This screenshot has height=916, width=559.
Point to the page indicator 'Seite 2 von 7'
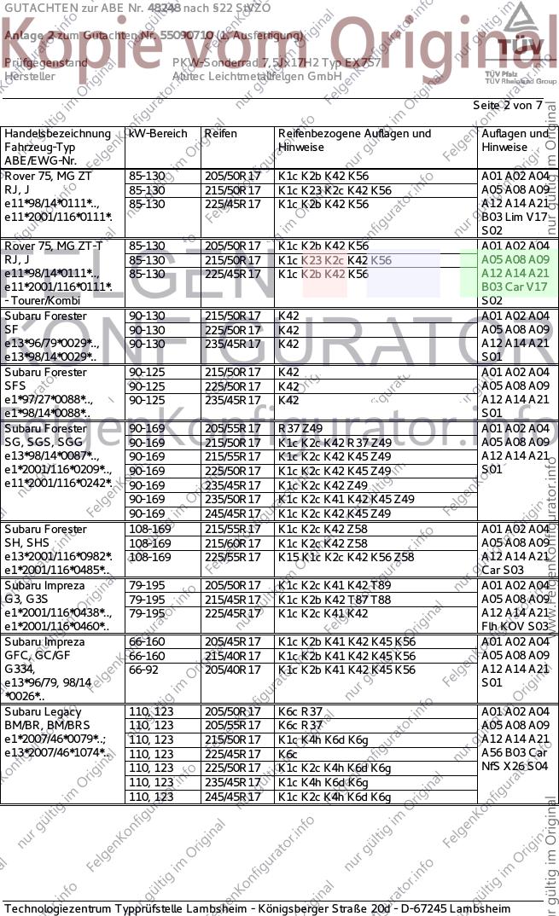tap(507, 105)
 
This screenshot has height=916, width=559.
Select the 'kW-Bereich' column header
tap(158, 134)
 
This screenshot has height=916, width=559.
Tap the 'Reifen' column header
tap(220, 134)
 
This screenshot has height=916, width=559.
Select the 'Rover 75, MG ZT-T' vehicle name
tap(54, 246)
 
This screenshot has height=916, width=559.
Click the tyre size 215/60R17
tap(232, 543)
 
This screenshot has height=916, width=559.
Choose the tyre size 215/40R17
tap(232, 656)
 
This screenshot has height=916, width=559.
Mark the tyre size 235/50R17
tap(232, 499)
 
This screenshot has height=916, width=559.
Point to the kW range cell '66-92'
tap(146, 670)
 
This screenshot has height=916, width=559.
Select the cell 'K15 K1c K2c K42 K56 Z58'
tap(346, 558)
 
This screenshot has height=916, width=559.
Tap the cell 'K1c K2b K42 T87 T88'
tap(335, 600)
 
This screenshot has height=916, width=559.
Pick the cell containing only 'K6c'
tap(287, 754)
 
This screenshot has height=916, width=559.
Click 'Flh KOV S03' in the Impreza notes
tap(515, 628)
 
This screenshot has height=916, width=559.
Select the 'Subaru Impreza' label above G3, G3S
tap(44, 586)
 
